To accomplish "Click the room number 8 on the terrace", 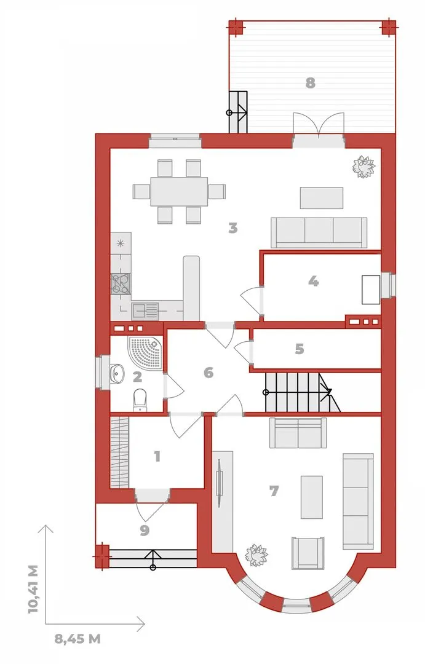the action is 310,83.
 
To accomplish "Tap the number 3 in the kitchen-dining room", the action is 232,228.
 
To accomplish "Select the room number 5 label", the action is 299,349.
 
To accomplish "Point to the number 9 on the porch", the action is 145,530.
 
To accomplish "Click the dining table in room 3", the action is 179,191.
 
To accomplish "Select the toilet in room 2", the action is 140,400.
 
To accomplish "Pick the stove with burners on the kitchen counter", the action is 121,283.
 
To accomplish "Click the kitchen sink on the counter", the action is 145,311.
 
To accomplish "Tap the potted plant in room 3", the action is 363,167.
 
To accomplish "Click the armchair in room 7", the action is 308,553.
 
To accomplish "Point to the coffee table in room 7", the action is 311,497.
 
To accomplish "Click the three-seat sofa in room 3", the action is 319,232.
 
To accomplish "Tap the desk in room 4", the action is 371,290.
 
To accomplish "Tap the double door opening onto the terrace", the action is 318,124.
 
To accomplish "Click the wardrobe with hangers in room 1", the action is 119,453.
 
